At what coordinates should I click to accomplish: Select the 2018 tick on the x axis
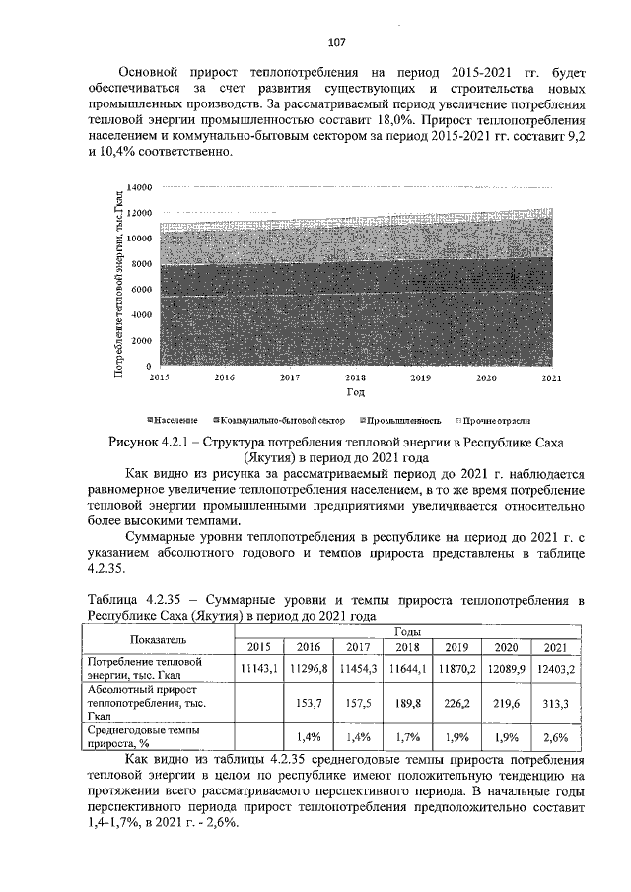pyautogui.click(x=355, y=377)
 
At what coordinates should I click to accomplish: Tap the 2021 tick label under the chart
pyautogui.click(x=551, y=377)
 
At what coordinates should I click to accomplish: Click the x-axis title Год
pyautogui.click(x=355, y=391)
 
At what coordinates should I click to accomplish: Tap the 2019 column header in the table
pyautogui.click(x=456, y=647)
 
